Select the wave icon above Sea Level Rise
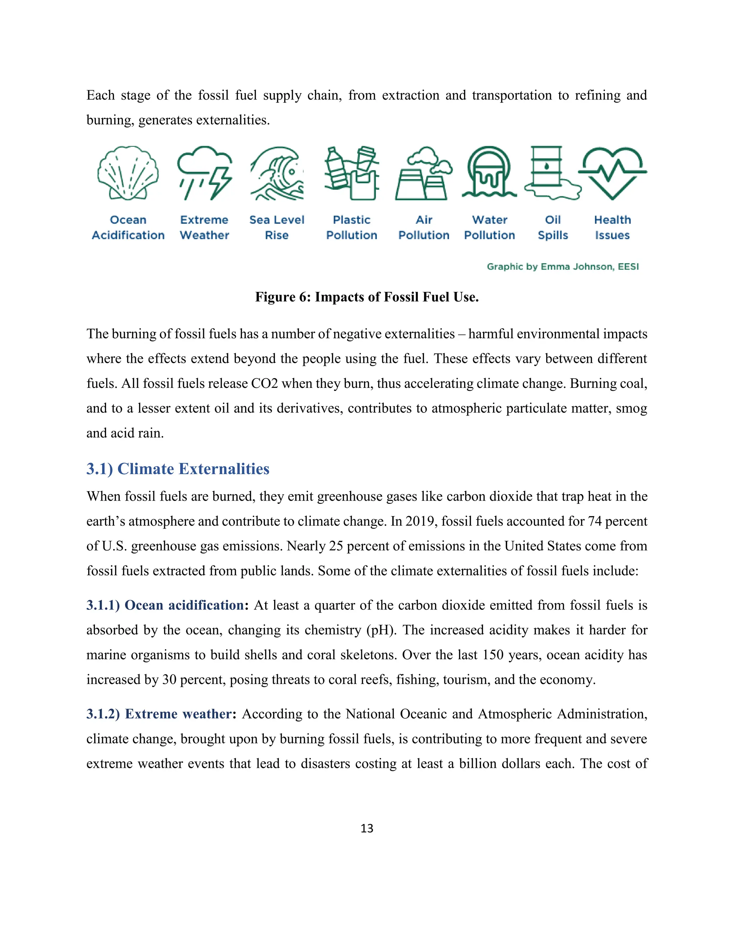click(277, 173)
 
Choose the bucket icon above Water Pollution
click(489, 173)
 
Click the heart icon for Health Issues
click(612, 173)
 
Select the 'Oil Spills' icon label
click(553, 227)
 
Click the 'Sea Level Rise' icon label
click(277, 227)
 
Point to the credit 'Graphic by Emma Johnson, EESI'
click(563, 266)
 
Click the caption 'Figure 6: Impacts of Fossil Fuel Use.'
click(367, 297)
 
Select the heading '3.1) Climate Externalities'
click(178, 469)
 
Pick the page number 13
click(367, 828)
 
